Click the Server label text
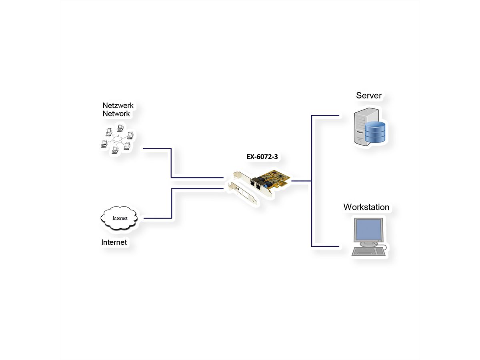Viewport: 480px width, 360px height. (369, 96)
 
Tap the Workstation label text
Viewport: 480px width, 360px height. (366, 207)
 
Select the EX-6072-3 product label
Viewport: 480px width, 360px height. (262, 157)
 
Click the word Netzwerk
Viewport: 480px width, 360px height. (118, 106)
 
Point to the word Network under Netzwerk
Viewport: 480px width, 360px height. (116, 114)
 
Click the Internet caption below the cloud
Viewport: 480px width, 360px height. (114, 242)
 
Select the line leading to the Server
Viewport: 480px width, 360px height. (325, 116)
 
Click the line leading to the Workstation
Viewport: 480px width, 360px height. (325, 246)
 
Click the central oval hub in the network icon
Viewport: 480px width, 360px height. (117, 140)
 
